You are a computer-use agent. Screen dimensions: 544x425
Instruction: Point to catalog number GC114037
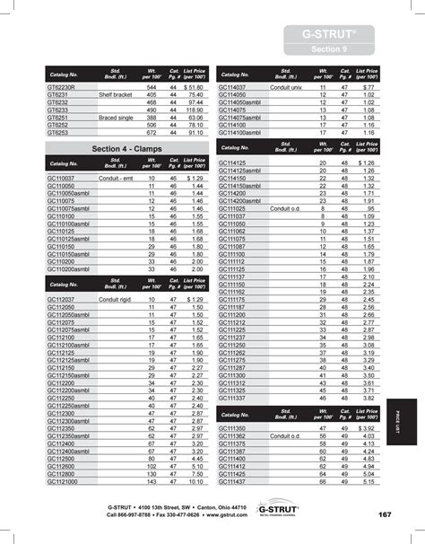click(x=236, y=88)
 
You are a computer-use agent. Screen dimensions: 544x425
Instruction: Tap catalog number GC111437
click(x=236, y=483)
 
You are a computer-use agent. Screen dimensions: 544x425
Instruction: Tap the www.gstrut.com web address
click(x=219, y=515)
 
